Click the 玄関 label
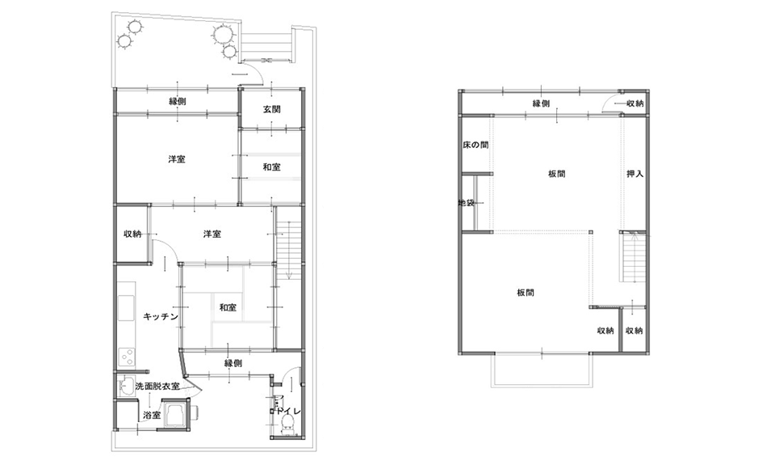(271, 109)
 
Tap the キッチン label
(161, 316)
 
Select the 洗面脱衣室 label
(157, 387)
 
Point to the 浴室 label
(152, 415)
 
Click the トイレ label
(288, 411)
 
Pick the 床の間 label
(475, 145)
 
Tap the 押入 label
(635, 174)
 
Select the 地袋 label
(467, 202)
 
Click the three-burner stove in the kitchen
(127, 357)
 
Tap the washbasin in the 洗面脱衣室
(126, 386)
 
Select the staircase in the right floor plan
(633, 256)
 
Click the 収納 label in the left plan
(132, 234)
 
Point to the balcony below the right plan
(542, 370)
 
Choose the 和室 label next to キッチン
(228, 307)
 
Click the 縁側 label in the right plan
(541, 104)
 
